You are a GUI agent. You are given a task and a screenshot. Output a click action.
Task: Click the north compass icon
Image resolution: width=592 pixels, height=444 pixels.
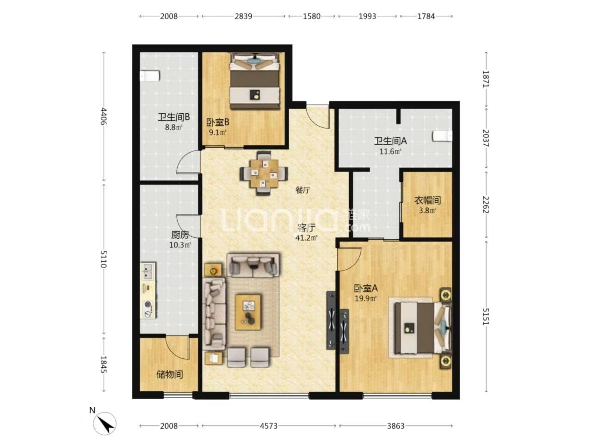[x=105, y=423]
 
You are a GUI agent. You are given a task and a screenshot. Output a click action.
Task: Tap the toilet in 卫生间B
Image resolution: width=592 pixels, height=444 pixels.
[x=150, y=76]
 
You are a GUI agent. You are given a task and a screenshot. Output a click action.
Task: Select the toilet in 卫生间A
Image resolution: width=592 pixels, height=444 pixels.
[x=442, y=136]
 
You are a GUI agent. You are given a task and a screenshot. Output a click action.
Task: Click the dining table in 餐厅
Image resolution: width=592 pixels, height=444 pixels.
[x=264, y=173]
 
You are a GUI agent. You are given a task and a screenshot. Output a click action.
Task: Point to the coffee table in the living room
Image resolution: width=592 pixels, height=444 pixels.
[x=248, y=312]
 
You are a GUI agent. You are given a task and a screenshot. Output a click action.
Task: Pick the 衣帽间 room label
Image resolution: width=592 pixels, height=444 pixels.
[x=427, y=200]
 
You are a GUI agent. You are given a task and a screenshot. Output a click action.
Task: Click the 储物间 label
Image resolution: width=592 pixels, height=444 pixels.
[x=169, y=375]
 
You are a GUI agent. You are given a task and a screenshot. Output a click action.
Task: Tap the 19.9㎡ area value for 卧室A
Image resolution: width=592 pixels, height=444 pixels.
[x=366, y=298]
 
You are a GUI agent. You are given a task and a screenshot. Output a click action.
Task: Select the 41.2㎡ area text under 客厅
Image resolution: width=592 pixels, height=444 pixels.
[x=306, y=238]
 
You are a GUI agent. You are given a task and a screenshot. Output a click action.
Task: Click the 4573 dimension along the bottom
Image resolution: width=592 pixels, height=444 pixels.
[x=269, y=426]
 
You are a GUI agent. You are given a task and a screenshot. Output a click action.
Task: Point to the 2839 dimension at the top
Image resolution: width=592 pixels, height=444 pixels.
[x=243, y=16]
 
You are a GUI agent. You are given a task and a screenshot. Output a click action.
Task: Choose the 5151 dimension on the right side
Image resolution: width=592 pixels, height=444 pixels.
[x=486, y=316]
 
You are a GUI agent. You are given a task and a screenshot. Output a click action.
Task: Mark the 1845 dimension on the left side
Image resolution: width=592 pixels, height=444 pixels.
[x=104, y=364]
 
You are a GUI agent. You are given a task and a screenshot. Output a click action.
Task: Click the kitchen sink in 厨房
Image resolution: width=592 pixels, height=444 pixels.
[x=147, y=272]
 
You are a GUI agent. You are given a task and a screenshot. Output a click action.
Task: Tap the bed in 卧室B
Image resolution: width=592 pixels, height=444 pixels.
[x=254, y=81]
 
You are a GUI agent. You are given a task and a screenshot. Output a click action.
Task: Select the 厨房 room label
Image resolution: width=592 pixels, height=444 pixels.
[x=179, y=235]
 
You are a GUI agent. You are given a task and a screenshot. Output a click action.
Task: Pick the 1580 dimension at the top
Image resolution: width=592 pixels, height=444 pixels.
[x=312, y=16]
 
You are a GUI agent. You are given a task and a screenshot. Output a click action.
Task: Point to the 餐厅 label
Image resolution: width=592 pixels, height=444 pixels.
[x=302, y=191]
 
